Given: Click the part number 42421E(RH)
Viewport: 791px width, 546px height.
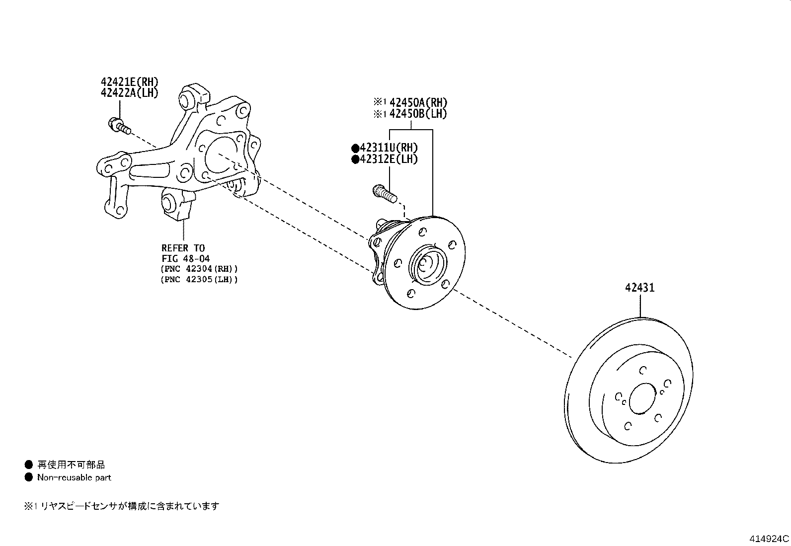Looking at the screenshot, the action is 130,82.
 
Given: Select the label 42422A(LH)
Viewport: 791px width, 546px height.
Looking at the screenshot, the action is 130,93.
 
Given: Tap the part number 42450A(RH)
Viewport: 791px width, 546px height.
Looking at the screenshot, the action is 418,102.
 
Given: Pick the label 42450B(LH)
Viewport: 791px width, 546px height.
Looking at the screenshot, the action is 418,114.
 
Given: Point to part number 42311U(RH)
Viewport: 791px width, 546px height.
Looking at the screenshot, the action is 389,148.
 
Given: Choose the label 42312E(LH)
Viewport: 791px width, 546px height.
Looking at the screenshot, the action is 389,159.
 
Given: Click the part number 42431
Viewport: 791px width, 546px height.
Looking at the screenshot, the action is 640,288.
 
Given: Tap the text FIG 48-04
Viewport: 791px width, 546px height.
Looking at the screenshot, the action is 186,258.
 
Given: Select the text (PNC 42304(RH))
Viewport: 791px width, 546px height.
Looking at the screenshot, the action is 199,269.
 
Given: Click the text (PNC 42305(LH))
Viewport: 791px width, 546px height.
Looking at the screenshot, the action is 199,279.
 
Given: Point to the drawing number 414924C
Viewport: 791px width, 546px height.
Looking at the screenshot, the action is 769,539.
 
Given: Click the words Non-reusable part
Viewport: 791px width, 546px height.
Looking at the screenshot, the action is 74,477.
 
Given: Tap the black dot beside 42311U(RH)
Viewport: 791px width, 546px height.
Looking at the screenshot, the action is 355,148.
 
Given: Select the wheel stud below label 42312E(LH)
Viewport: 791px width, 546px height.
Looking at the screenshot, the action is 385,194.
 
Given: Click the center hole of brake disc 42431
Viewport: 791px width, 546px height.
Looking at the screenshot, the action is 642,398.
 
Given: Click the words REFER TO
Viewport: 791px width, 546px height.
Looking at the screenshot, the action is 183,248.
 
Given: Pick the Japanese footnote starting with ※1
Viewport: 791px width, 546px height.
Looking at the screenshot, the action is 121,506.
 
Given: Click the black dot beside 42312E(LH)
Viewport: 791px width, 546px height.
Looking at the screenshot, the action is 355,159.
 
